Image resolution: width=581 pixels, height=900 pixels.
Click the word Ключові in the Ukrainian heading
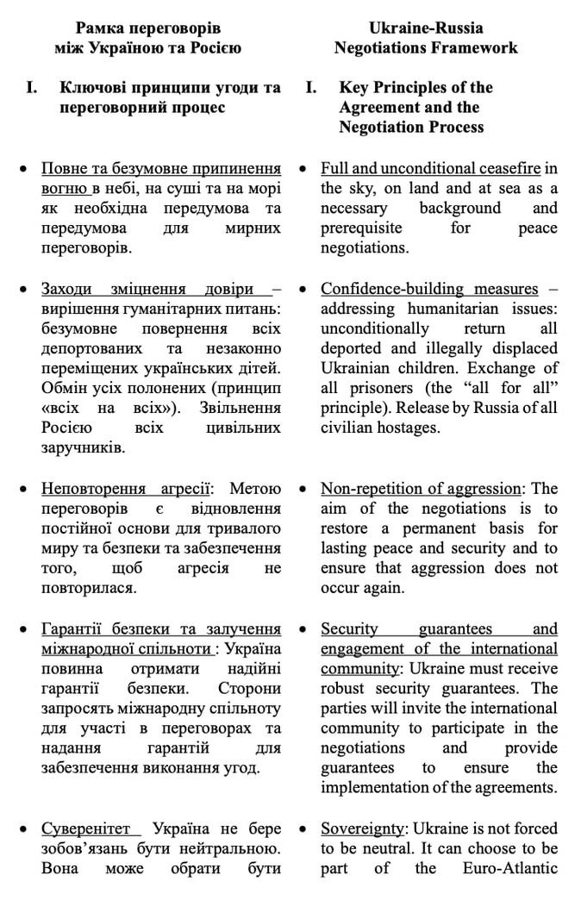[x=93, y=87]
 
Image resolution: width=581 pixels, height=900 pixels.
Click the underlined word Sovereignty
[x=361, y=828]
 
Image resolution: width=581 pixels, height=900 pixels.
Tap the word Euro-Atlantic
[x=512, y=867]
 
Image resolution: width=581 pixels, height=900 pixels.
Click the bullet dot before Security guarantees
[x=303, y=628]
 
